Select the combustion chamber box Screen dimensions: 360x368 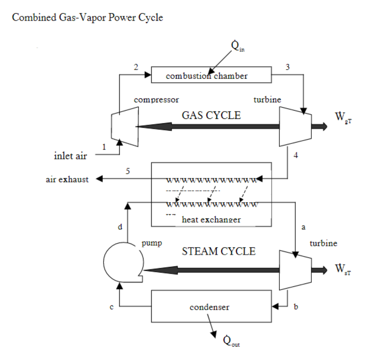pyautogui.click(x=211, y=76)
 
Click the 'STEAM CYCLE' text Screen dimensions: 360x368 pyautogui.click(x=219, y=251)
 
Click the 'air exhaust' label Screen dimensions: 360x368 pyautogui.click(x=65, y=179)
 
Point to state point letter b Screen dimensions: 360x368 pyautogui.click(x=296, y=307)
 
